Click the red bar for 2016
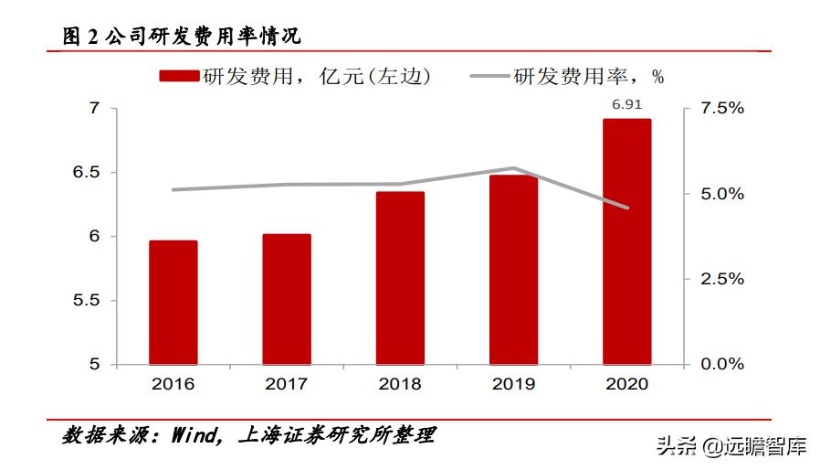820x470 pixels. [173, 303]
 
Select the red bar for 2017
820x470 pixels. [287, 299]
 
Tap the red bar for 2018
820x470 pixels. [400, 278]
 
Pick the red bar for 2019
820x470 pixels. [513, 270]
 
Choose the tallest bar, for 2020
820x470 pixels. [626, 241]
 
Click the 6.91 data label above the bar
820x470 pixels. [626, 105]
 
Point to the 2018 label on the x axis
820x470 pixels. [400, 384]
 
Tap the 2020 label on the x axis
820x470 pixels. [626, 384]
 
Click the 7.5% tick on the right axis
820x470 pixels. [722, 109]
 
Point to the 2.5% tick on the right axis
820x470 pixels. [722, 280]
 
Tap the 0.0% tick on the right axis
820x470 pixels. [722, 365]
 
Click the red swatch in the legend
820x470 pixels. [179, 77]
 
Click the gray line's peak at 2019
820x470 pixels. [513, 168]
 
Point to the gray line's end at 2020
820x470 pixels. [626, 208]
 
